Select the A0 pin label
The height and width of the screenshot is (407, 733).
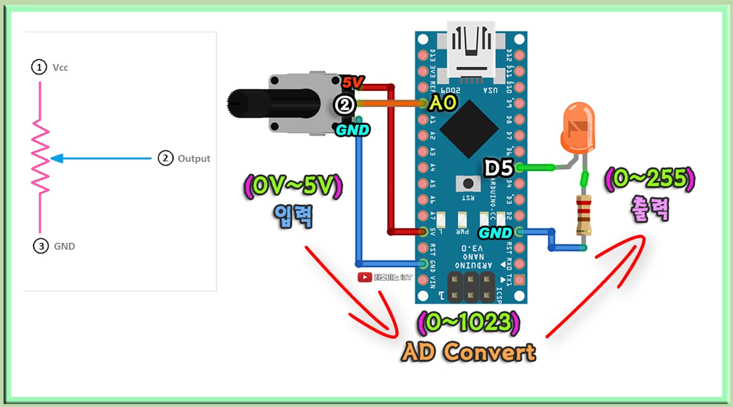tap(443, 104)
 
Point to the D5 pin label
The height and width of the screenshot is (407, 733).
tap(498, 169)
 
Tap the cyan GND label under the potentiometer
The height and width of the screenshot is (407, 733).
tap(353, 129)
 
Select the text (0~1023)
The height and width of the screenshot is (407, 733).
tap(469, 323)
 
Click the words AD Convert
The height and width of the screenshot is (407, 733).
tap(469, 352)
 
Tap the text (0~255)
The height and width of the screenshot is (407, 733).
tap(651, 179)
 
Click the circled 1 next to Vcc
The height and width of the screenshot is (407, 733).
tap(39, 67)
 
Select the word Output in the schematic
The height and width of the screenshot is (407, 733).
tap(194, 158)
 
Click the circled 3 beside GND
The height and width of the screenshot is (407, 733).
tap(40, 246)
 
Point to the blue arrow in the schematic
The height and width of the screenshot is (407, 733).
tap(101, 158)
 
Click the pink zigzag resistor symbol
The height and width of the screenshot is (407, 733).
tap(41, 156)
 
